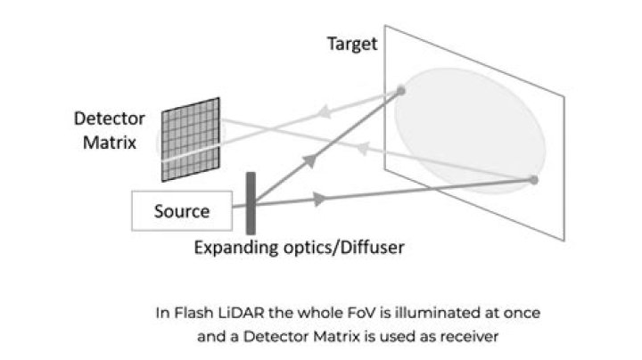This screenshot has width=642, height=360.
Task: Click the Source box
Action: [182, 211]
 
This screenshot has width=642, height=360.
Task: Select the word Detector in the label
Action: [106, 118]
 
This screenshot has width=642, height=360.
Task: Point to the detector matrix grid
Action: [190, 133]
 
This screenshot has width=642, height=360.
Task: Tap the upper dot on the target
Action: [401, 90]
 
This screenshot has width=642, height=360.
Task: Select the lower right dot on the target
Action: [533, 180]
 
